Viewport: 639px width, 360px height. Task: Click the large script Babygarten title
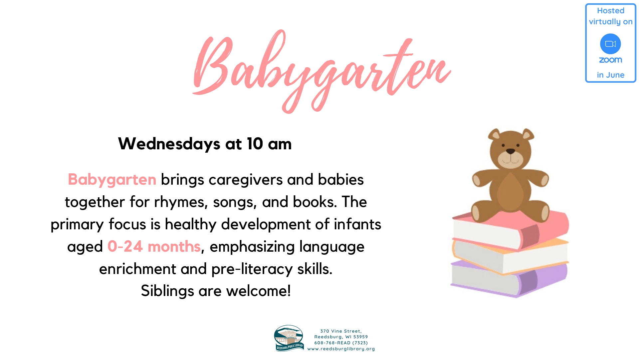321,72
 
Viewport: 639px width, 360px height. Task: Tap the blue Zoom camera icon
610,44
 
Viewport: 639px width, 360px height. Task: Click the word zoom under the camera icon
610,60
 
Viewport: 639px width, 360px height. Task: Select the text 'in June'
610,75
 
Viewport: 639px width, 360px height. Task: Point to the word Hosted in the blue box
610,11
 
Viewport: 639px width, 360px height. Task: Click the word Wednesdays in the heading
169,144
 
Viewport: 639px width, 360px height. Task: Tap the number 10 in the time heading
255,144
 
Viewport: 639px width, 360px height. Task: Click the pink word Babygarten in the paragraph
112,179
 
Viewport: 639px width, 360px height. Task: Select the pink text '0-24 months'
154,246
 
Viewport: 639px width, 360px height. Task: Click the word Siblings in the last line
167,291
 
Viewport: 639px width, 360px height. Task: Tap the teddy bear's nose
511,152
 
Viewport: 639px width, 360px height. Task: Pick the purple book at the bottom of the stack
509,278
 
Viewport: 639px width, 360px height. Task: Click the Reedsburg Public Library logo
289,338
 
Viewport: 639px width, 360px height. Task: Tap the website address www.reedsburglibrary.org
341,349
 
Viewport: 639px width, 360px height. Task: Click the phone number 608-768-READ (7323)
341,343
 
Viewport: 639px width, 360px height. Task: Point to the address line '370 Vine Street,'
341,331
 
